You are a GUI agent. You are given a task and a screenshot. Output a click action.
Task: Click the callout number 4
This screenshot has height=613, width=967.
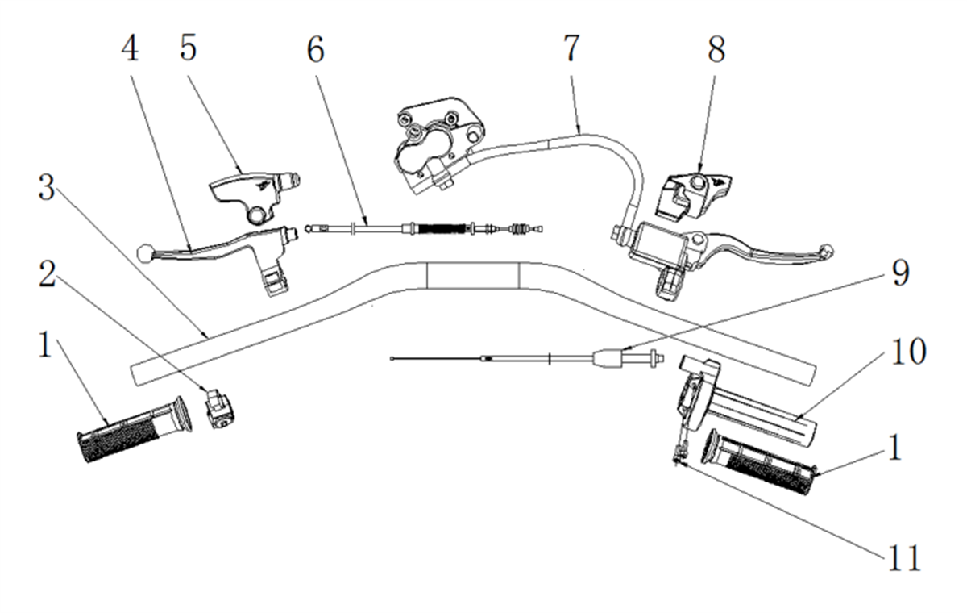(x=130, y=48)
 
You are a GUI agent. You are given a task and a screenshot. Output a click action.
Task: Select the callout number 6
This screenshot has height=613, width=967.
(x=316, y=50)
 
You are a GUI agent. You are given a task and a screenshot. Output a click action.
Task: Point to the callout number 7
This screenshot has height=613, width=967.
(x=571, y=48)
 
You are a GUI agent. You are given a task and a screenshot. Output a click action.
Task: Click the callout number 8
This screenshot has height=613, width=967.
(x=716, y=50)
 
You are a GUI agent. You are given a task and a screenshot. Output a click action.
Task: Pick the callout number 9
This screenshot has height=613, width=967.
(x=901, y=273)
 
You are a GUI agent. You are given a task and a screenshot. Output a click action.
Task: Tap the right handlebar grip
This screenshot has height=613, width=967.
(x=761, y=462)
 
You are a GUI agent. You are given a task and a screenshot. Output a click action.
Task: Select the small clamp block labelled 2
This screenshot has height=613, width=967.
(x=220, y=408)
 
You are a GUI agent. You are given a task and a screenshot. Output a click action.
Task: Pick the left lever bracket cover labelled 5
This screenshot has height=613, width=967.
(x=255, y=195)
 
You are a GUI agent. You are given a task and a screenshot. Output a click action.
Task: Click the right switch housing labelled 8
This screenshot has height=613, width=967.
(x=693, y=196)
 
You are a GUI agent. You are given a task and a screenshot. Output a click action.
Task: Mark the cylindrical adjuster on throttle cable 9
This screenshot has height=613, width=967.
(x=608, y=359)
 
